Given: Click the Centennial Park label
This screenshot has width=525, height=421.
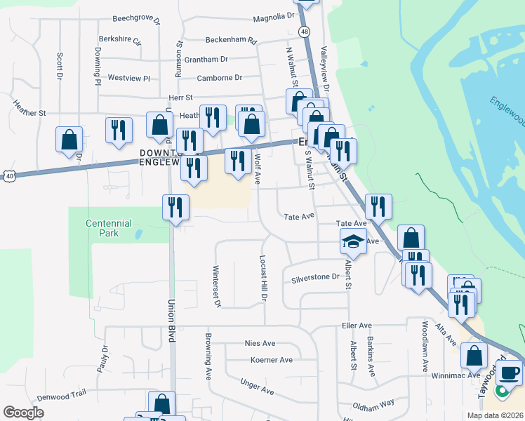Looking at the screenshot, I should tap(109, 227).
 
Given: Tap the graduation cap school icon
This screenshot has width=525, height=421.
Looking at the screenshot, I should tap(353, 242).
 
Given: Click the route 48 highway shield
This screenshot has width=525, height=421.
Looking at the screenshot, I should tap(303, 32).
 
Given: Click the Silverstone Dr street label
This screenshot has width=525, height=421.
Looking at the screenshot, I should tap(315, 279).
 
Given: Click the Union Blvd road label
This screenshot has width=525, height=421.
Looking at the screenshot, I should tap(171, 311).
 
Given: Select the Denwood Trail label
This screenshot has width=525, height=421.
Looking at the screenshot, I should tap(61, 396).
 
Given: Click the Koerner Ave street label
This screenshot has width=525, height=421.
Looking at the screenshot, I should tap(271, 360).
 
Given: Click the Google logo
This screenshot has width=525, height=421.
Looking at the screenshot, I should tap(23, 412).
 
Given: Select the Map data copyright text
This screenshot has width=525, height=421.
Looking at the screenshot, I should tap(494, 415).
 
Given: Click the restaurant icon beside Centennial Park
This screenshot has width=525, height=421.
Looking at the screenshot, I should tap(175, 207).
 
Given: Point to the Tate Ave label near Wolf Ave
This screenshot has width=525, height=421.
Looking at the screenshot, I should tap(298, 217).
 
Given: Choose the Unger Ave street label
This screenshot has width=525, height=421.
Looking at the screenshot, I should tap(256, 386).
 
